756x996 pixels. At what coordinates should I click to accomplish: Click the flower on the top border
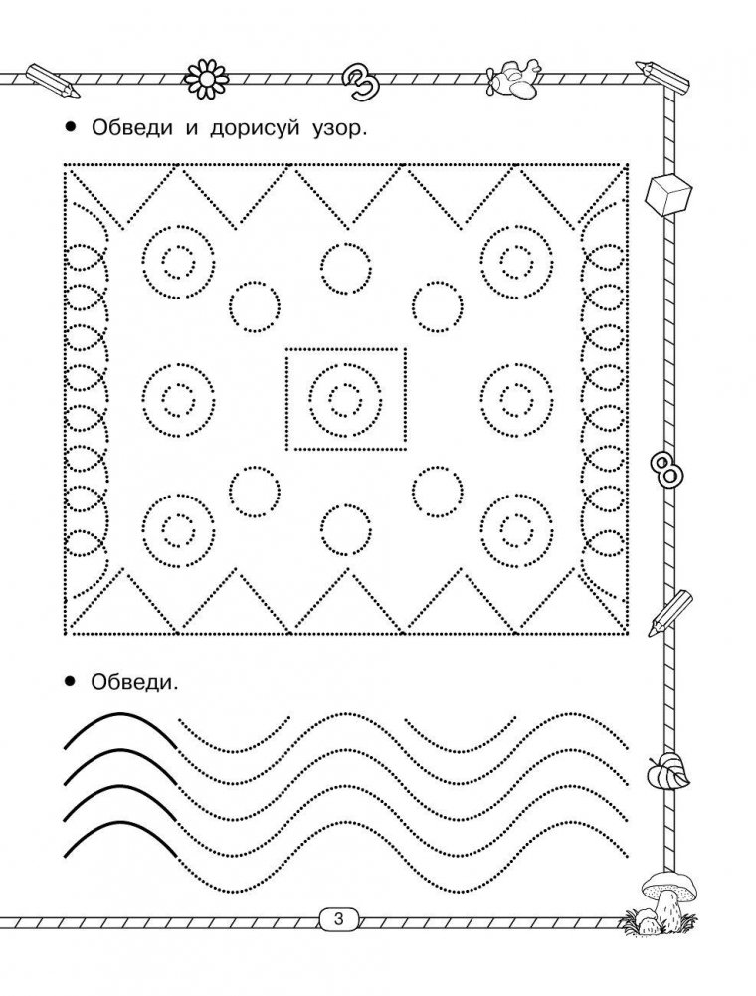(206, 74)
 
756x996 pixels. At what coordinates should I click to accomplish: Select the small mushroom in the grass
(644, 917)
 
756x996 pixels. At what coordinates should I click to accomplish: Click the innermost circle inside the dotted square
(344, 399)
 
